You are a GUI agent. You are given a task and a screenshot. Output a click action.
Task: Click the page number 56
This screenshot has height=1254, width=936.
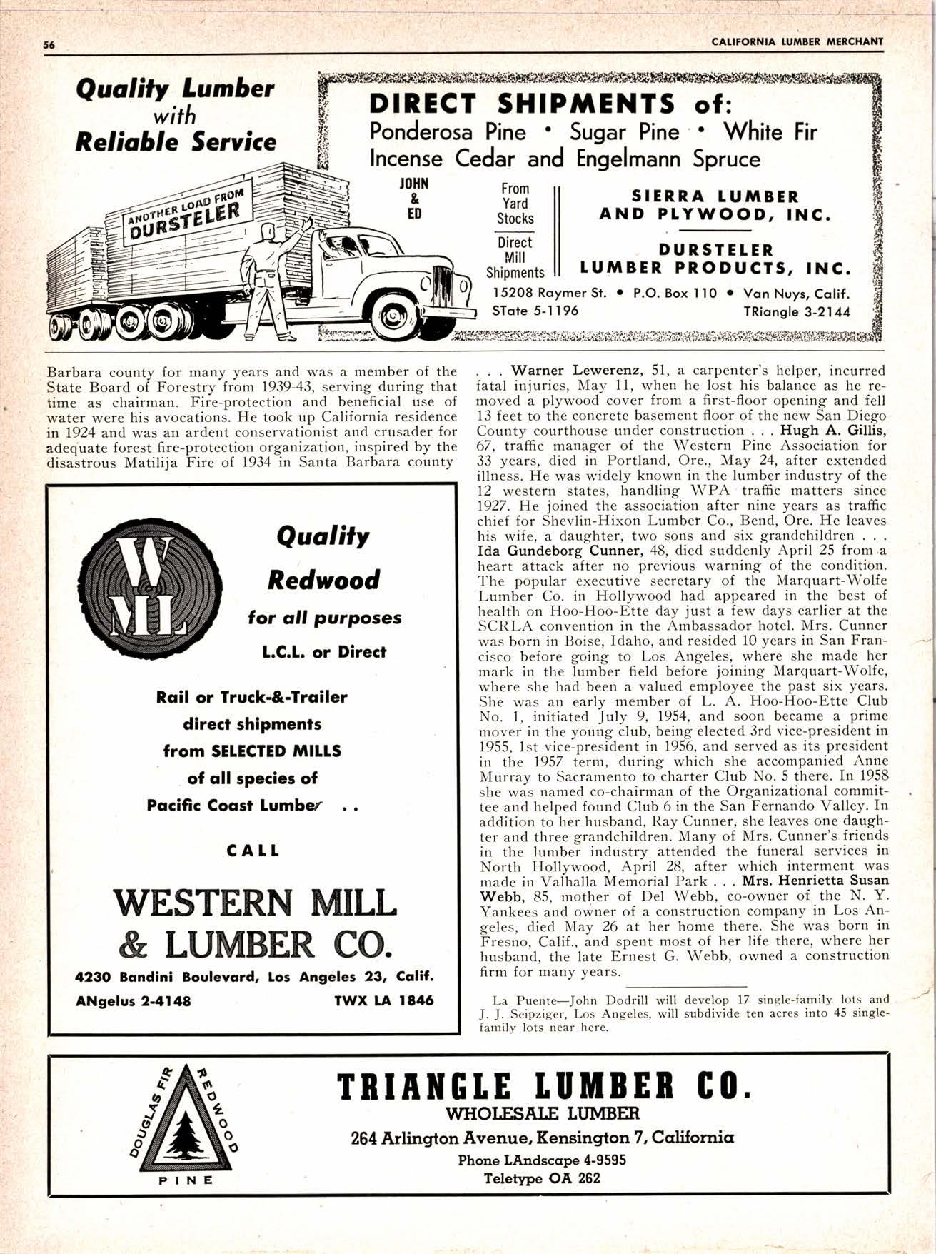[x=49, y=43]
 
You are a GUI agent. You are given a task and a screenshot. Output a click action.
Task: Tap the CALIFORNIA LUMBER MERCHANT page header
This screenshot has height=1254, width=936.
[x=797, y=41]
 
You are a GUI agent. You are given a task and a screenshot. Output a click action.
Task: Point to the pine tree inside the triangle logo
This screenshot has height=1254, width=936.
[x=184, y=1124]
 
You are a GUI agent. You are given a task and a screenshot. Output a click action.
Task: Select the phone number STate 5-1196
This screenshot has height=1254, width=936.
[x=535, y=311]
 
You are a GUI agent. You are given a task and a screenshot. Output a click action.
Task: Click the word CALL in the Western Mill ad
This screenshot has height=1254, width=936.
[x=253, y=851]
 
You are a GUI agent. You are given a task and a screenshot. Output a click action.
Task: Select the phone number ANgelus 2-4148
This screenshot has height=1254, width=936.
[x=134, y=1000]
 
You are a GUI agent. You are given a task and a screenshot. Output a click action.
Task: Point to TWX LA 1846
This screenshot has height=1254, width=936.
[x=383, y=1000]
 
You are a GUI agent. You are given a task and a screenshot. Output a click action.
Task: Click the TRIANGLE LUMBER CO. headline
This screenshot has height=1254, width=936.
[x=543, y=1086]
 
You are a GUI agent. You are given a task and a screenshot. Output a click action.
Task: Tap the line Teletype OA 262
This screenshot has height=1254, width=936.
[x=542, y=1178]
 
